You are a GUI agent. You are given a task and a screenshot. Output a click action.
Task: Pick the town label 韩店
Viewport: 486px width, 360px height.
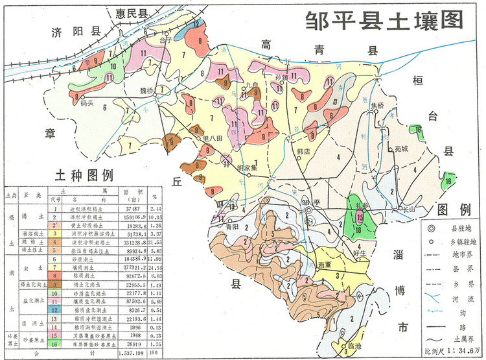click(305, 150)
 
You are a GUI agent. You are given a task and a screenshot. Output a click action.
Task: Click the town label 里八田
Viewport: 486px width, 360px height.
click(213, 138)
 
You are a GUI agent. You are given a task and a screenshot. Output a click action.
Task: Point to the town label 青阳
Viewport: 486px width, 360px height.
click(234, 228)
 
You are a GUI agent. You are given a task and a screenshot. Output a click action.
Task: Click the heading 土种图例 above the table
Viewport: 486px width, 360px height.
click(84, 176)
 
